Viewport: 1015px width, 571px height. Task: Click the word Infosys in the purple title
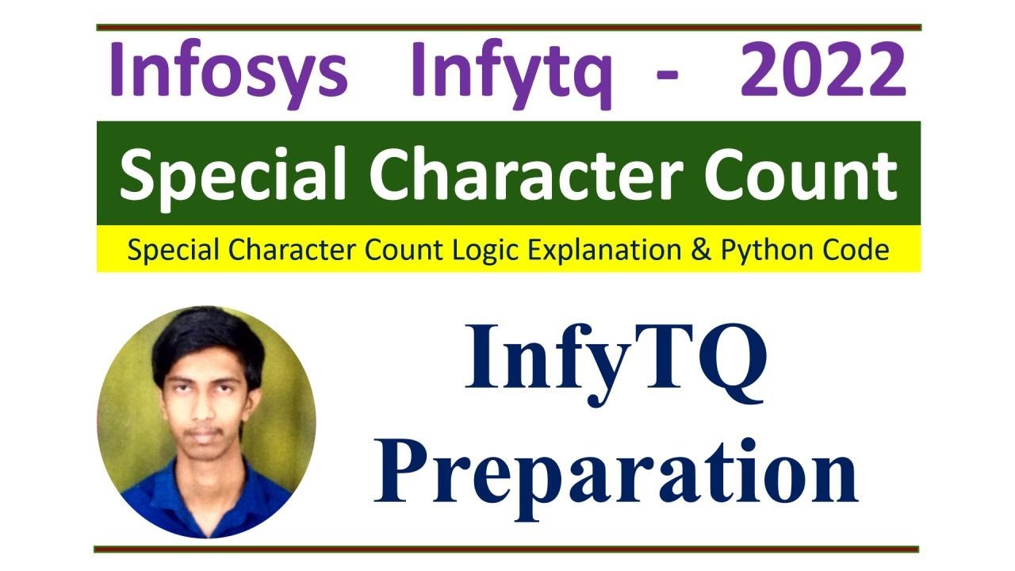[x=228, y=71]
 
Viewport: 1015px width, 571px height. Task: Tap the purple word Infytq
[x=511, y=73]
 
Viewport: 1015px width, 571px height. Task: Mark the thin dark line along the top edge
[x=507, y=28]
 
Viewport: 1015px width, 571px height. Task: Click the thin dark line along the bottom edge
[x=507, y=549]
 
